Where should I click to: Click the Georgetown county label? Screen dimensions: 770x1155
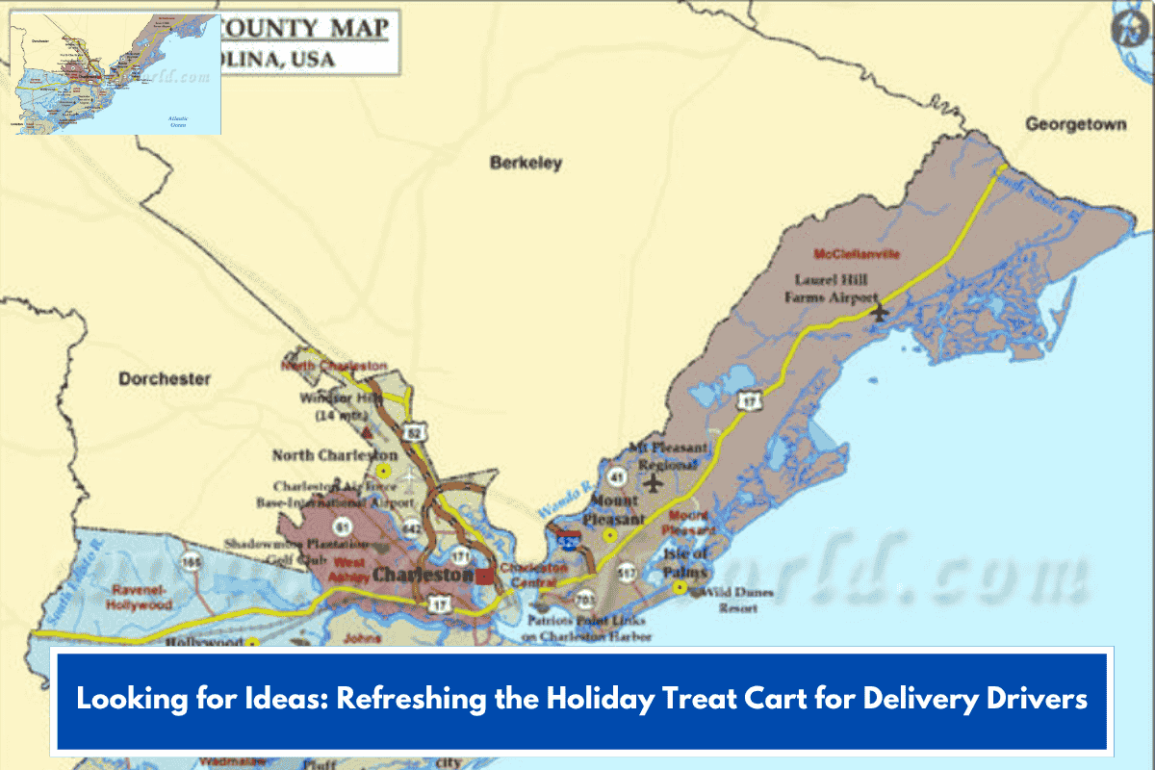click(1075, 125)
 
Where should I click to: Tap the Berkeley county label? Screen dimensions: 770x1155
click(526, 164)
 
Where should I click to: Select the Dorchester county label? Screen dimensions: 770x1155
click(165, 379)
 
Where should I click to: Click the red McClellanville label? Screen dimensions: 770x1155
click(857, 255)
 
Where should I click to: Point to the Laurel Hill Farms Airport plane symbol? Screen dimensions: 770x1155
click(878, 312)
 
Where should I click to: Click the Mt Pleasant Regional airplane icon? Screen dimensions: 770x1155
click(654, 480)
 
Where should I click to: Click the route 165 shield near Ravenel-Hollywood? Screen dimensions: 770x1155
click(194, 560)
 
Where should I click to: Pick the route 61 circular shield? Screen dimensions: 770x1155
click(342, 526)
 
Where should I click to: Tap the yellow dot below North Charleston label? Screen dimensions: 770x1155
click(383, 471)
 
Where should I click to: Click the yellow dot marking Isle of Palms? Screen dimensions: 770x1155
click(680, 586)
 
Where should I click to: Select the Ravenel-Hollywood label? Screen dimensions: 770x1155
click(141, 598)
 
